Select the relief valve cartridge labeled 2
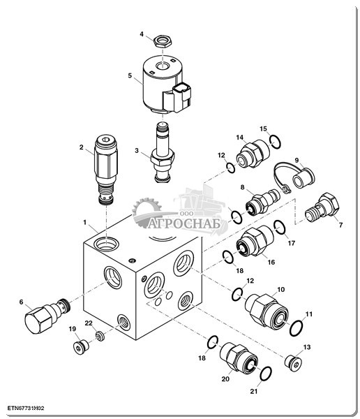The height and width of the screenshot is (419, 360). (106, 170)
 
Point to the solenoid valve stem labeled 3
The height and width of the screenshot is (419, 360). (163, 152)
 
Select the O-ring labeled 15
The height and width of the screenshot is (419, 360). (275, 141)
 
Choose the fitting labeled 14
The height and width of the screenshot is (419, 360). (253, 154)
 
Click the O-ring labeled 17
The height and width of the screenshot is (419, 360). (280, 228)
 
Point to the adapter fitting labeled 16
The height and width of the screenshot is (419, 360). (255, 241)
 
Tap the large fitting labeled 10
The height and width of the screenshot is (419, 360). (267, 309)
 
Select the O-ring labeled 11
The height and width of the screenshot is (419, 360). (297, 328)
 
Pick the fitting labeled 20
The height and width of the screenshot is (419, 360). (239, 358)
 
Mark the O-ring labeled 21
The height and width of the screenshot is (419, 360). (266, 374)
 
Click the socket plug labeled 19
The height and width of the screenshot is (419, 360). (81, 347)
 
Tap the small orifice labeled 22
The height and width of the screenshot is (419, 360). (100, 336)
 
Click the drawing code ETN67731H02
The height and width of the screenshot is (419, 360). (26, 408)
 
